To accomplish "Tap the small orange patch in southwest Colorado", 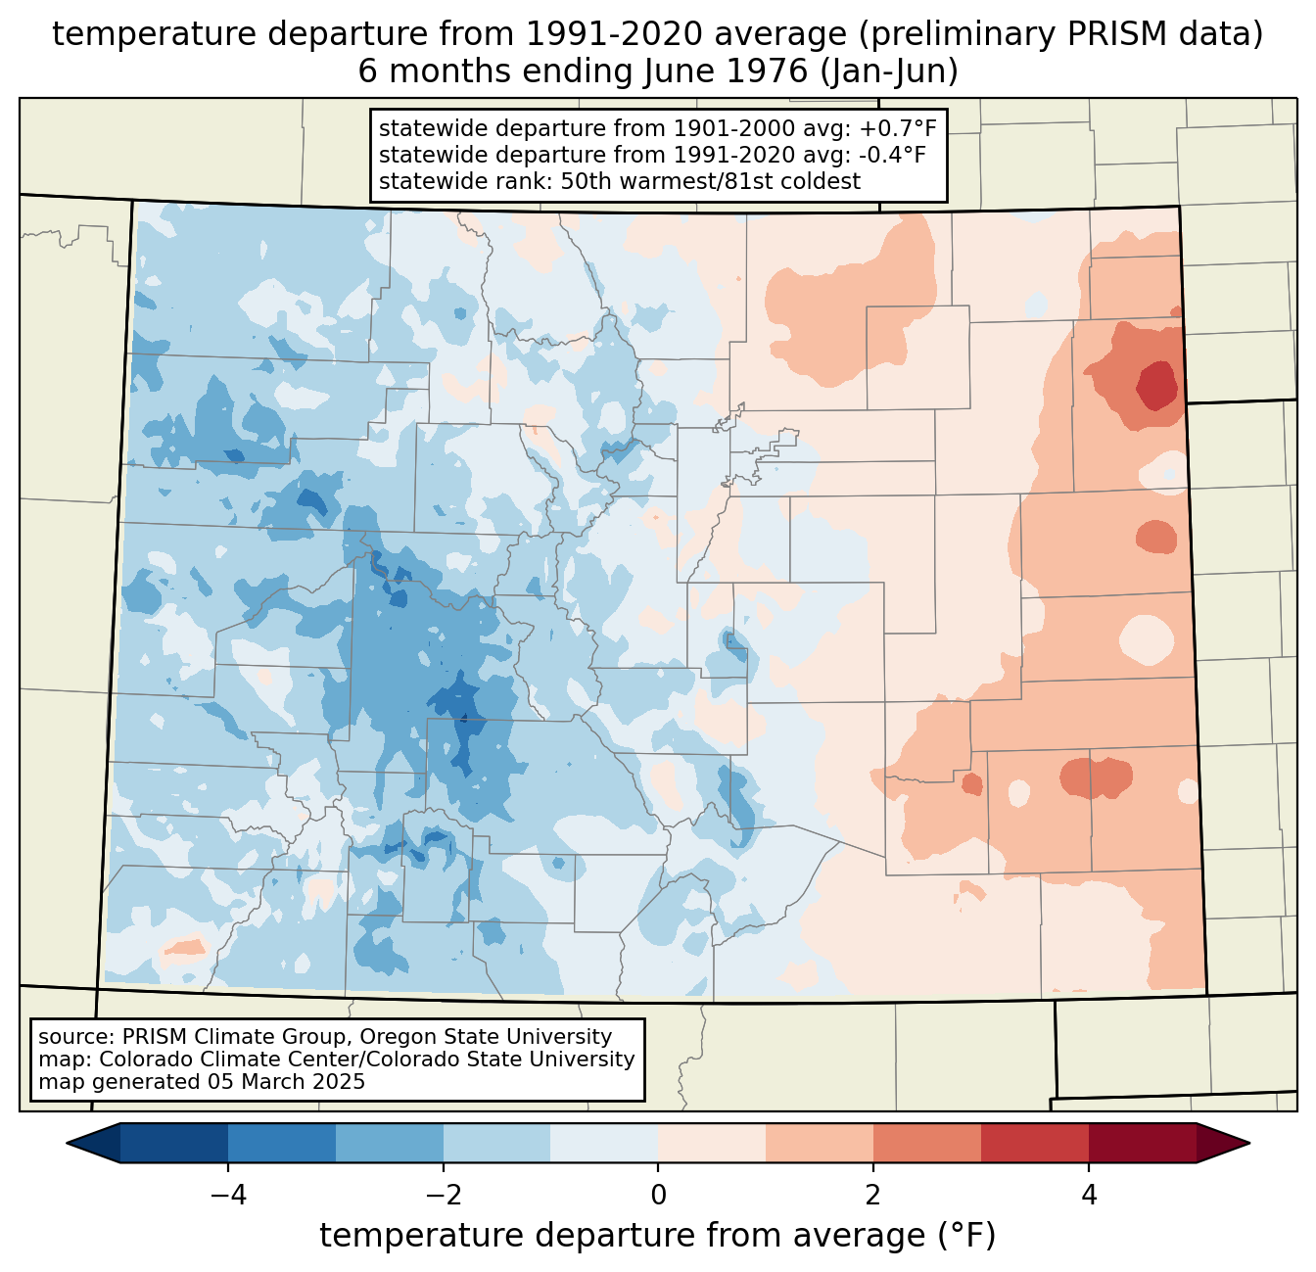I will coord(184,947).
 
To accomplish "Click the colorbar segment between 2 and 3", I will coord(926,1143).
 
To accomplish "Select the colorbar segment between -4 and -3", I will coord(282,1143).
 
